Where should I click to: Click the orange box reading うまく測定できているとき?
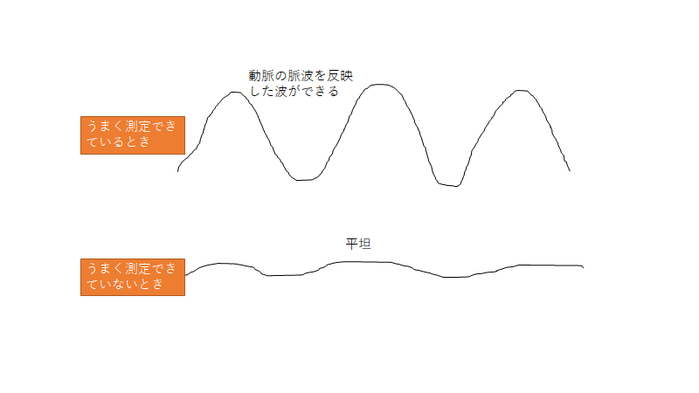133,135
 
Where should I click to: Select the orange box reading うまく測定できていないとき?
133,277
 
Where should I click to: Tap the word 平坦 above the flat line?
358,244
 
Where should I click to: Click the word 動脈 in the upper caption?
261,76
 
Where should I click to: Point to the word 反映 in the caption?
340,76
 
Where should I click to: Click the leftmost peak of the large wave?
235,93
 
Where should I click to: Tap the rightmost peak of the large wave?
520,91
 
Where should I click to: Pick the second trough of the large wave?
449,185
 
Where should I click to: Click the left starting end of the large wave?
178,171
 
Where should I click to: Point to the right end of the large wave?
570,170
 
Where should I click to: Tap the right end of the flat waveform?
583,267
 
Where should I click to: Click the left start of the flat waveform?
185,275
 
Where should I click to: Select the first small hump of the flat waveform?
222,264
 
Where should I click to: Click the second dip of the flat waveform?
454,277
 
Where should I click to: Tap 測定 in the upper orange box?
138,127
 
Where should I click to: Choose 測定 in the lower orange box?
138,269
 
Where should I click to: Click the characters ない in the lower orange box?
119,284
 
